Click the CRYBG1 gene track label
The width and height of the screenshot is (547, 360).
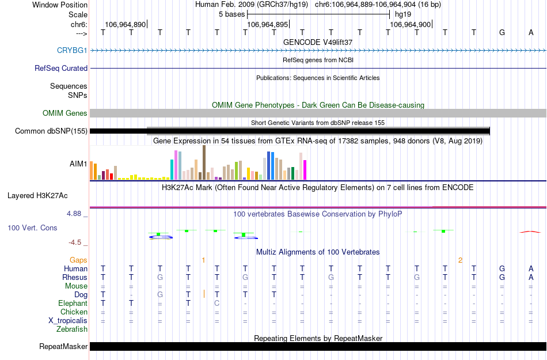(x=72, y=51)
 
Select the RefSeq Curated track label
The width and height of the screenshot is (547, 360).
(x=61, y=69)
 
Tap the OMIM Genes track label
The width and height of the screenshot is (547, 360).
(x=64, y=113)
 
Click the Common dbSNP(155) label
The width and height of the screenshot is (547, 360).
(x=51, y=131)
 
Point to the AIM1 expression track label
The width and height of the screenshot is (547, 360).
(x=78, y=164)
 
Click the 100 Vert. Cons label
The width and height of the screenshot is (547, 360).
(x=32, y=228)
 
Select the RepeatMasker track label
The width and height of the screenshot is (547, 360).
(x=63, y=347)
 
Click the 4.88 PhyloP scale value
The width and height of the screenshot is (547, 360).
(x=75, y=214)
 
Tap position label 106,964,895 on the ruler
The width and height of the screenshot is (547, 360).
(x=266, y=25)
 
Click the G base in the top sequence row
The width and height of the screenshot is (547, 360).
(x=502, y=32)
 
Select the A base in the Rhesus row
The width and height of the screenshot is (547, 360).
(x=531, y=277)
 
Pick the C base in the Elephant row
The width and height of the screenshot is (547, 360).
(x=216, y=303)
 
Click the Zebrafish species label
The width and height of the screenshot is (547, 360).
(x=72, y=329)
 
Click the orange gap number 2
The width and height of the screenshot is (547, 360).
(x=460, y=260)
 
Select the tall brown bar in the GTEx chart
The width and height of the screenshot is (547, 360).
(x=204, y=162)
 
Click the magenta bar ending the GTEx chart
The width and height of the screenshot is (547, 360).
(x=305, y=169)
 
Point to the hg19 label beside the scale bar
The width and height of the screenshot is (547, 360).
(x=403, y=14)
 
